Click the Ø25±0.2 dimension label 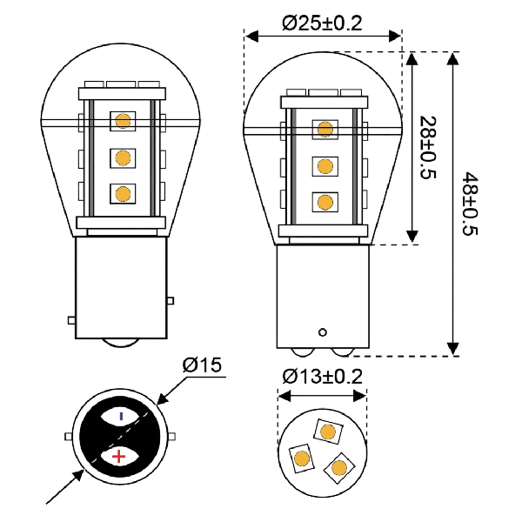322,23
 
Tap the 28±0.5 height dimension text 428,148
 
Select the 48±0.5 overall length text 470,204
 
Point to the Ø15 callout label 202,365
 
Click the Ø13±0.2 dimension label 322,377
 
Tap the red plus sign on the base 119,456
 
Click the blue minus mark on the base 121,416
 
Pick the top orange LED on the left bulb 123,121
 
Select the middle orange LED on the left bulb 123,158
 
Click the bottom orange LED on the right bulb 325,202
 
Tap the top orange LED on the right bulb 325,129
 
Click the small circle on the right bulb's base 323,332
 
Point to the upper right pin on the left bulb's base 171,301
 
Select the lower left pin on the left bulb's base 71,320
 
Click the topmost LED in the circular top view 328,432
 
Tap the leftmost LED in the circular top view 302,458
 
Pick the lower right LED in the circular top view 339,468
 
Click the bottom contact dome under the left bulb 120,344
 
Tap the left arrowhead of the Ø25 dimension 251,36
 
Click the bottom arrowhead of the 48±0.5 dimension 452,349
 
